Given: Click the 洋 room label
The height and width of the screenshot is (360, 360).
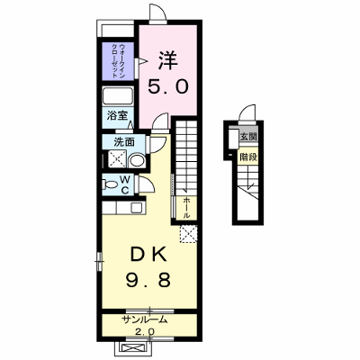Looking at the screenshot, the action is point(168,60).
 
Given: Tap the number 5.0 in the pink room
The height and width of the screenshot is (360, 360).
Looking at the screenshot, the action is point(167,86).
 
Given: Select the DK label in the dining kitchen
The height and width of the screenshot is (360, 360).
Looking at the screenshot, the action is point(148,256).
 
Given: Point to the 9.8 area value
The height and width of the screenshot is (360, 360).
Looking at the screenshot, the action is point(148,280).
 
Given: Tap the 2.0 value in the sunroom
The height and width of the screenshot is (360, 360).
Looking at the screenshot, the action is point(145,331).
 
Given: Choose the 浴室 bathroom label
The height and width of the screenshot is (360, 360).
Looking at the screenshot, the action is point(117,115).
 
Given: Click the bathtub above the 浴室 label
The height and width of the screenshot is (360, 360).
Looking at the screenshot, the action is point(118,96).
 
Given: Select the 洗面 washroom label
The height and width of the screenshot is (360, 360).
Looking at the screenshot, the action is point(124,142).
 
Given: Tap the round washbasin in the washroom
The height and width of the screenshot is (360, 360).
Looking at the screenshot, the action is point(138,160).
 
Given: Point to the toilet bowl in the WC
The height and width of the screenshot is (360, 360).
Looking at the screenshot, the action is point(111,184).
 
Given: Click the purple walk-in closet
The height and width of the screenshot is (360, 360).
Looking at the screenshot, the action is point(118,61).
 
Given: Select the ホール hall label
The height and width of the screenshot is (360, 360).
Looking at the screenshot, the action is point(186,208).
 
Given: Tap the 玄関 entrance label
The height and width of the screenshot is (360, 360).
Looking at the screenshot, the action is point(248,137).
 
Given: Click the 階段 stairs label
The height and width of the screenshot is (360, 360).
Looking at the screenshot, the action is point(248,157).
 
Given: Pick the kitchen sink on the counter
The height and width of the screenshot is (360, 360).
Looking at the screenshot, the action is point(136,207).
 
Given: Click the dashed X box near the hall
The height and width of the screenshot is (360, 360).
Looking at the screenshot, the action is point(188,234).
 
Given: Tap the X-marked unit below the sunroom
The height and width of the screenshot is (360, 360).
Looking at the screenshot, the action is point(131,348).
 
